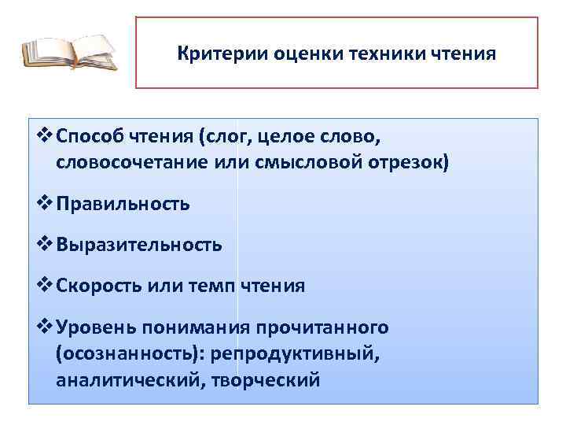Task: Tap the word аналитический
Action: (x=126, y=381)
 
